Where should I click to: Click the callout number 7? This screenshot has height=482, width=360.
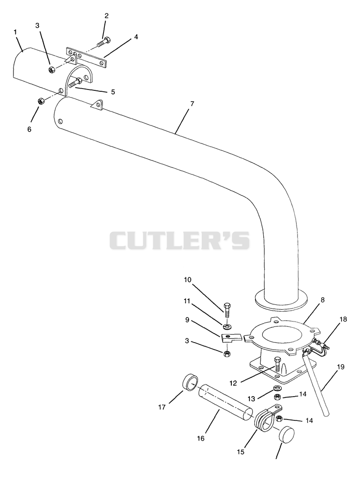(192, 103)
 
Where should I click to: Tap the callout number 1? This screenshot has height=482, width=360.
(15, 31)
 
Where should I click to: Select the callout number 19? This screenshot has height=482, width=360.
(340, 367)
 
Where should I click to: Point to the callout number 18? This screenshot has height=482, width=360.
(343, 319)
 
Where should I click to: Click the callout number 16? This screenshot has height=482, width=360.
(201, 438)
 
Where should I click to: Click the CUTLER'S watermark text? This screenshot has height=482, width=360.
(180, 240)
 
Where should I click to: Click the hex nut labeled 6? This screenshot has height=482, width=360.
(40, 101)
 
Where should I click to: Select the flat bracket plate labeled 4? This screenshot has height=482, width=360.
(86, 57)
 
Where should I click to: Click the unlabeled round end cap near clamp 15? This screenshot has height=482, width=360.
(287, 434)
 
